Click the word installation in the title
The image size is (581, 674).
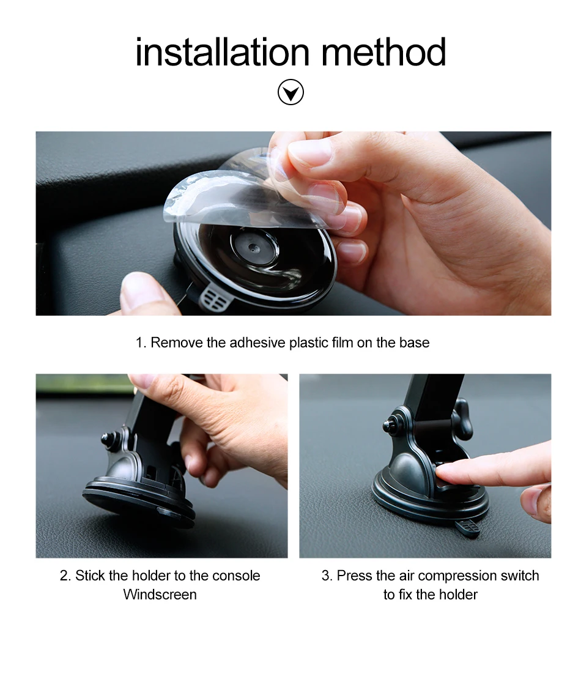point(222,52)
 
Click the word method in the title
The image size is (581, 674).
point(383,52)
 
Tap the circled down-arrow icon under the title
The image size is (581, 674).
point(290,92)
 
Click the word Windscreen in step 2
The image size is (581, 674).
point(160,594)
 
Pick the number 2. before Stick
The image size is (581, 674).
point(65,576)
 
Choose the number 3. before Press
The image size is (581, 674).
point(327,576)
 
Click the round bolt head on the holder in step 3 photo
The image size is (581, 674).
point(390,426)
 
